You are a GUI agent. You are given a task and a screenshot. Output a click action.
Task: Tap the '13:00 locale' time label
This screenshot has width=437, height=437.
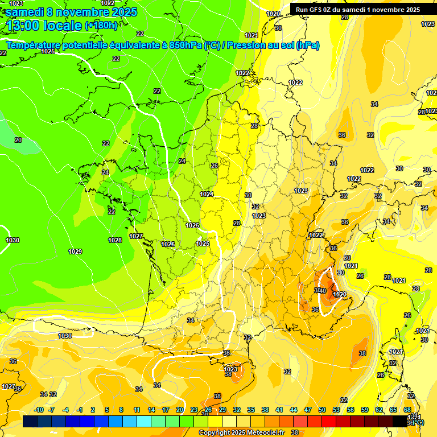tap(44, 25)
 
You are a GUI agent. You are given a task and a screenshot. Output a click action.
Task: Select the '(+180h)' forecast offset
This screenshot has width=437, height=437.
tap(101, 25)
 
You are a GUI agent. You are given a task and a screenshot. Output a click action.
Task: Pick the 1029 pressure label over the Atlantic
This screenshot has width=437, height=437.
tap(75, 252)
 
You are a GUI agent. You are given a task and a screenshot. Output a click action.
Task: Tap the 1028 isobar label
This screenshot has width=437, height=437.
tap(115, 240)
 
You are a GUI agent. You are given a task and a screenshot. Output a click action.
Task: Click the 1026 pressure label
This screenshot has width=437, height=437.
tap(168, 244)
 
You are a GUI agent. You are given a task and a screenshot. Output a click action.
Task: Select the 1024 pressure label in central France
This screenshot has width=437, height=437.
tap(207, 194)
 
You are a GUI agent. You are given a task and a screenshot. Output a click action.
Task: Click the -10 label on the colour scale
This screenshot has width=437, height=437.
tap(39, 410)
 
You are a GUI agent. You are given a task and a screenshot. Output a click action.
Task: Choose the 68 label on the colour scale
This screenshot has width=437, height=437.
tap(407, 410)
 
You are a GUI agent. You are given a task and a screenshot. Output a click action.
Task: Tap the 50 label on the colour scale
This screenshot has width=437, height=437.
tap(322, 410)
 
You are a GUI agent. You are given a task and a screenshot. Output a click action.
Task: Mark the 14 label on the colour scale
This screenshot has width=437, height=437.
tap(151, 410)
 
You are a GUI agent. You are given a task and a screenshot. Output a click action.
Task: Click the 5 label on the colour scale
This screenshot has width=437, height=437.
tap(107, 410)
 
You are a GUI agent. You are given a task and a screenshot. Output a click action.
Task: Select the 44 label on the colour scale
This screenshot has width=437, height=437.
tap(294, 410)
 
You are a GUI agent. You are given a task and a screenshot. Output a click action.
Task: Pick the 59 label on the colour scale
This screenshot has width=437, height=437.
tap(365, 410)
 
